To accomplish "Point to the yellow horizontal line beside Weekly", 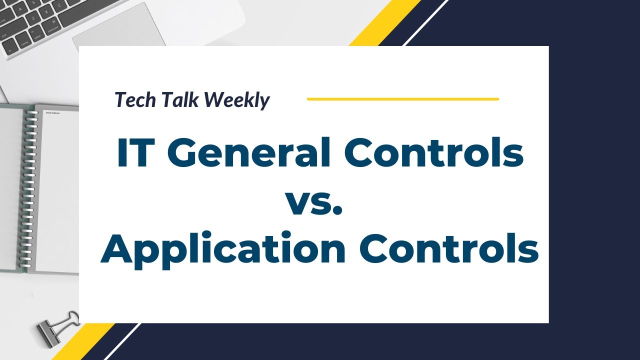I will tap(402, 99).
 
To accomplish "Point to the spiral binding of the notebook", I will tap(31, 190).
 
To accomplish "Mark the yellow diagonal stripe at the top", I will tap(385, 22).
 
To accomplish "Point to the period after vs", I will tap(337, 211).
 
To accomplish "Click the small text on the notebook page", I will tap(52, 113).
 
